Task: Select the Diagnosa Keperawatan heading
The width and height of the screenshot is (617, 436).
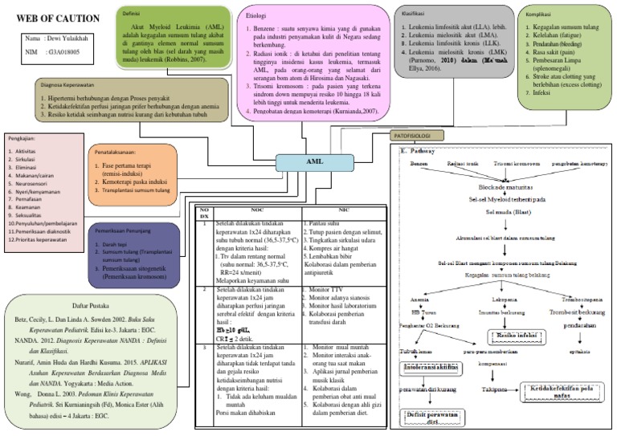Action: point(78,84)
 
